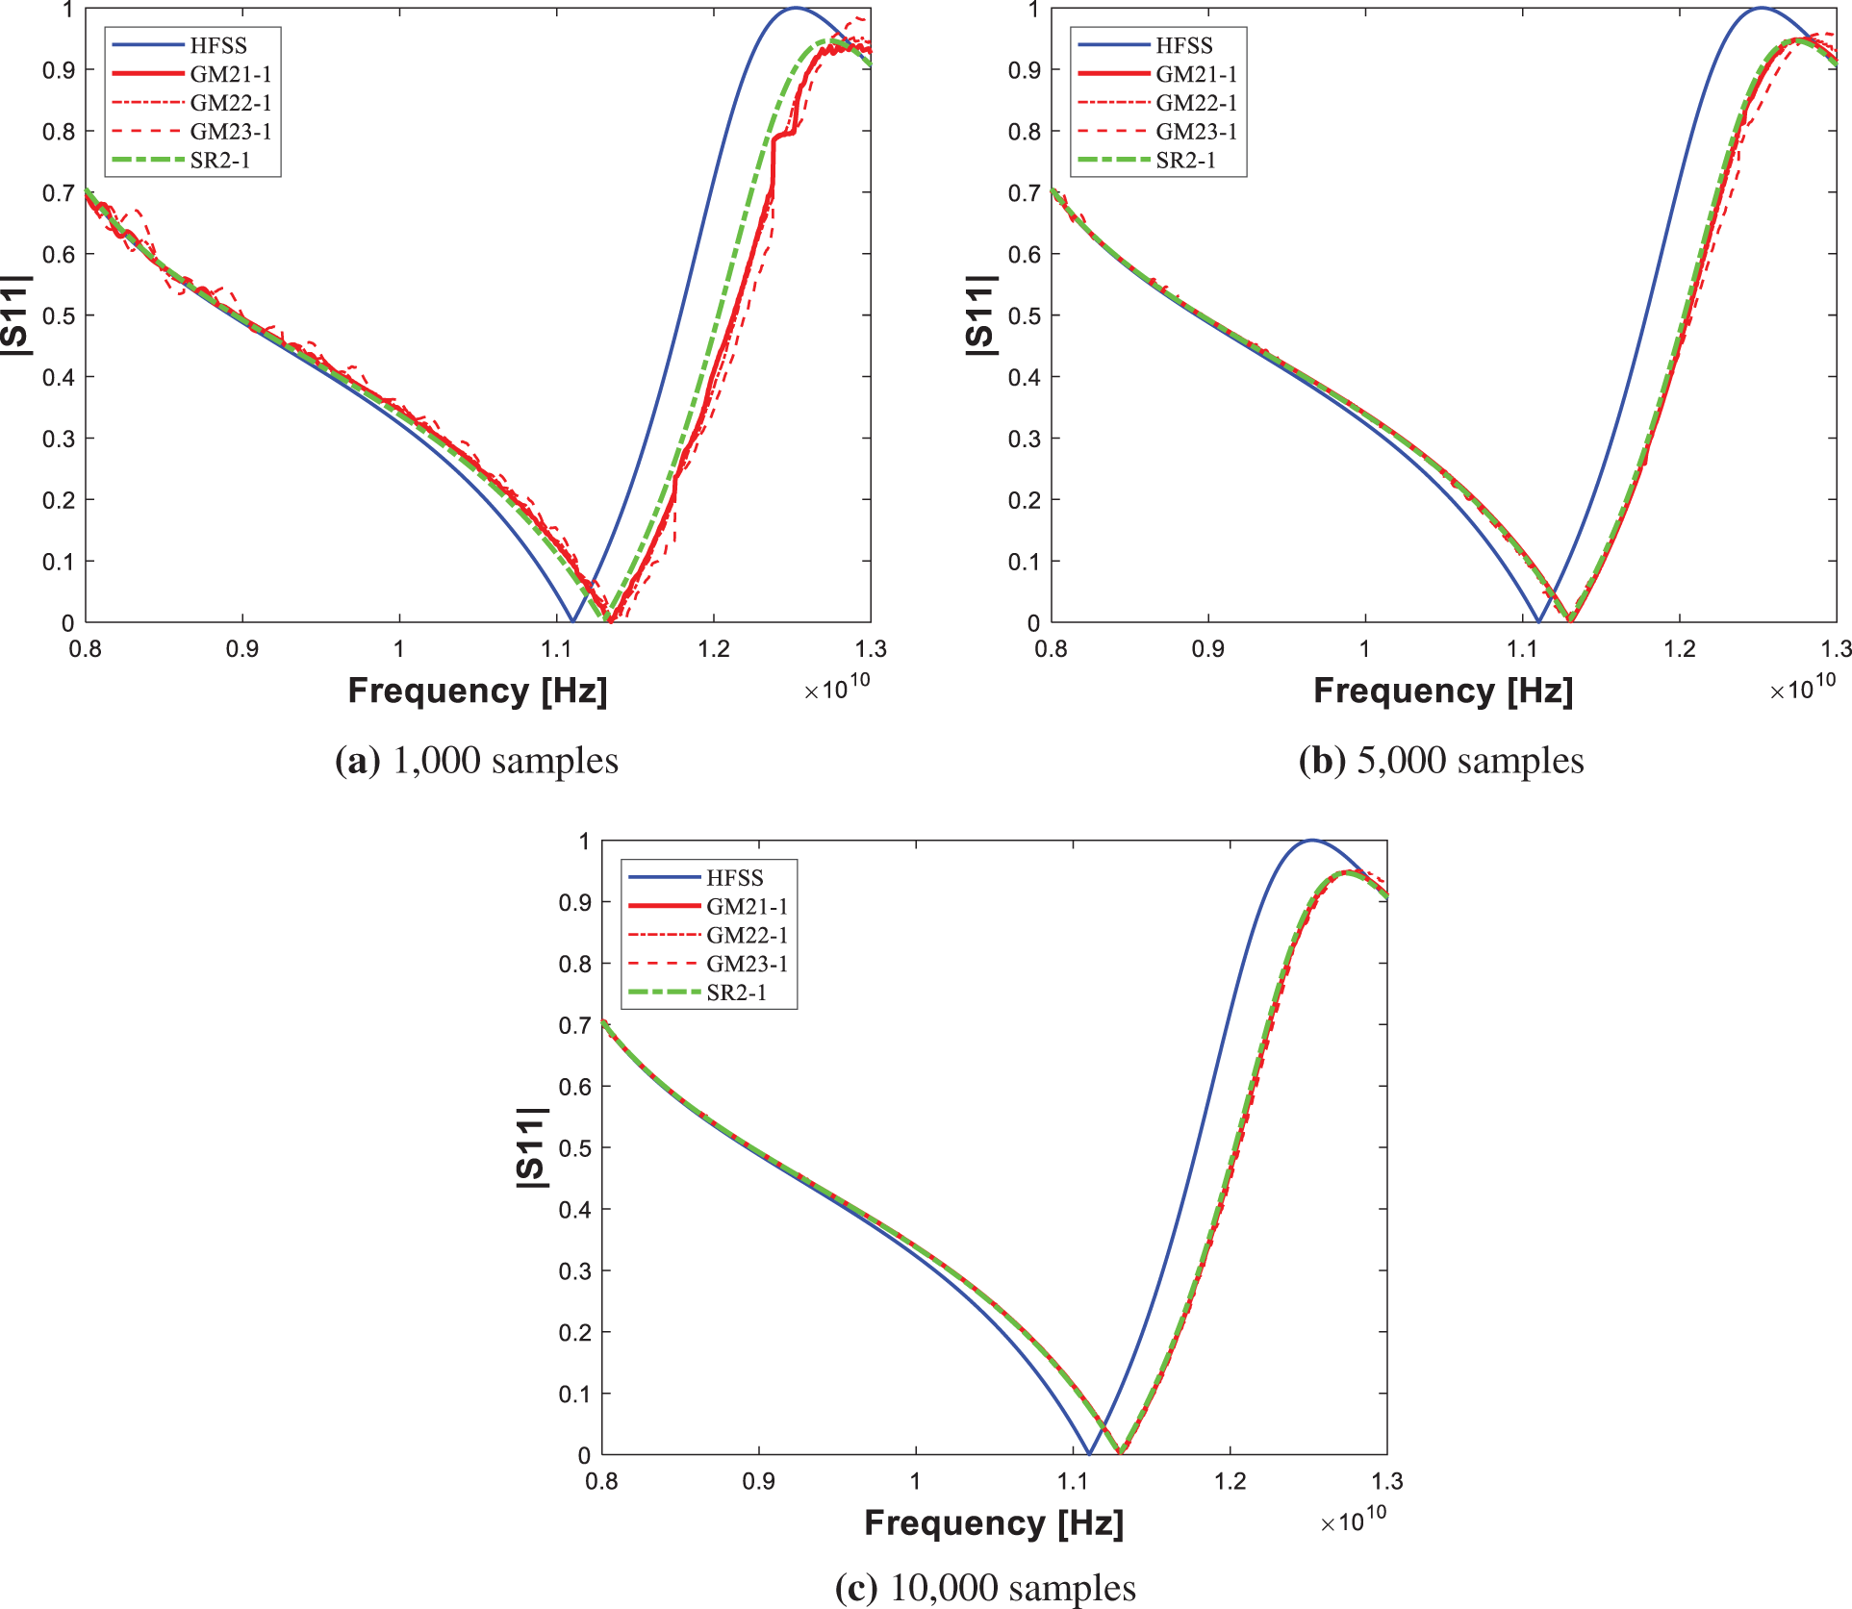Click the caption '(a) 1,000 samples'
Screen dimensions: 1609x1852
[476, 761]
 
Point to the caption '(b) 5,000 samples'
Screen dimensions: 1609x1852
[1441, 761]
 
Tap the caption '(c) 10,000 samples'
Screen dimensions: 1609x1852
[985, 1588]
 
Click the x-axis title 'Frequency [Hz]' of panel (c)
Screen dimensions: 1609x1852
[994, 1523]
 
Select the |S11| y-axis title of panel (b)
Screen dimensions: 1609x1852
[979, 315]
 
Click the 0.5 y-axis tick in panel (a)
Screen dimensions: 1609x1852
[59, 315]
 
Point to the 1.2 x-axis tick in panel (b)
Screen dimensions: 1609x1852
[1680, 649]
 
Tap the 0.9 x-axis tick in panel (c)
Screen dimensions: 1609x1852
[759, 1481]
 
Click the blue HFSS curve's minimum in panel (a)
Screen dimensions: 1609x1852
[572, 620]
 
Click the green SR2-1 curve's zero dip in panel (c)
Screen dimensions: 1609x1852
[1121, 1451]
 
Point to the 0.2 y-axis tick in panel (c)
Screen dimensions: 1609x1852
[575, 1332]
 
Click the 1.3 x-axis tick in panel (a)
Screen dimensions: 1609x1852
[871, 649]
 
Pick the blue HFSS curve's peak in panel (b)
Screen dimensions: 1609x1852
[1761, 9]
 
